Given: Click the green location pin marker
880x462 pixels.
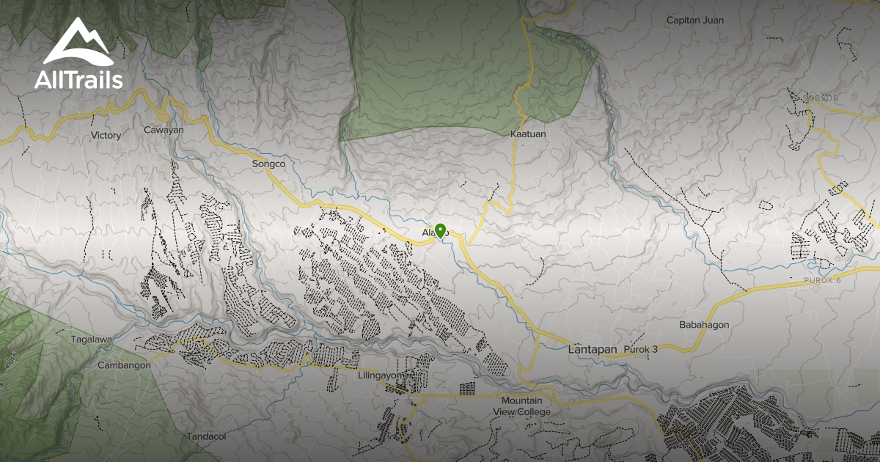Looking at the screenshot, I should click(x=440, y=230).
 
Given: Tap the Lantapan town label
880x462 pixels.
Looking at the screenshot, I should click(x=593, y=350).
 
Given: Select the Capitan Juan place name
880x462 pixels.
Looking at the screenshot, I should click(x=694, y=21).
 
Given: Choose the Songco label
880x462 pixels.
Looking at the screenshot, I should click(x=268, y=164).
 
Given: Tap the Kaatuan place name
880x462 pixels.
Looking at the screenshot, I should click(x=528, y=135).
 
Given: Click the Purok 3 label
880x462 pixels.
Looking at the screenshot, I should click(x=640, y=350).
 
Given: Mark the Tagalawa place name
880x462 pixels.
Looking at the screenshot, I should click(x=91, y=340).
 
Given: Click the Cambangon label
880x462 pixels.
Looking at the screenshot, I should click(x=124, y=364).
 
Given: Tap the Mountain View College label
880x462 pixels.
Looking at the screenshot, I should click(x=521, y=406).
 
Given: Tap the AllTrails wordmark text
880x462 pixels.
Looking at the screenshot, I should click(x=78, y=79).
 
